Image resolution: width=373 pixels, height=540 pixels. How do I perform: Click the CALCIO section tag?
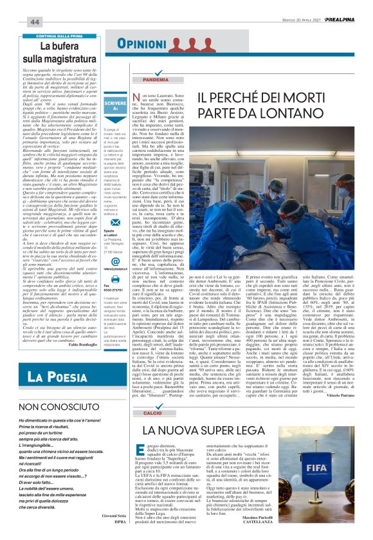(x=148, y=413)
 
